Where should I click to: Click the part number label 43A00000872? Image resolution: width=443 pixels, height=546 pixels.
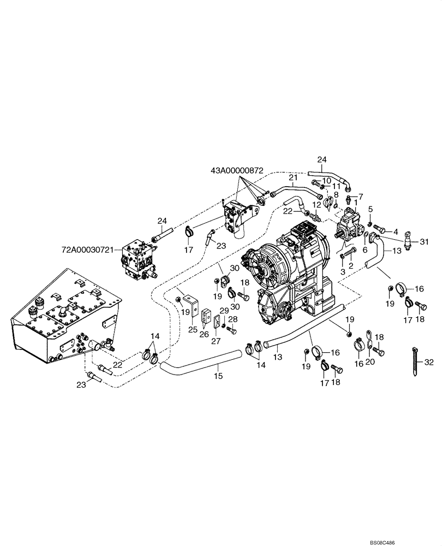240,170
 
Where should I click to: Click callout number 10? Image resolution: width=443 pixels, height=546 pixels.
326,181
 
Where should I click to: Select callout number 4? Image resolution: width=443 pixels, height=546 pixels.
395,231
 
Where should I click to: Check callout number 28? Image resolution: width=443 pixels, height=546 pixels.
232,319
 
